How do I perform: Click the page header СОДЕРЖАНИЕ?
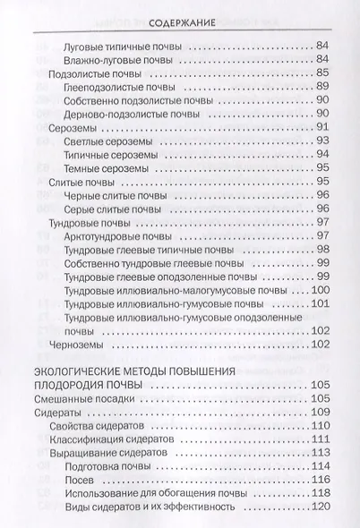[x=183, y=19]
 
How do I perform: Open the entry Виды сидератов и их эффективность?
[x=150, y=507]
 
